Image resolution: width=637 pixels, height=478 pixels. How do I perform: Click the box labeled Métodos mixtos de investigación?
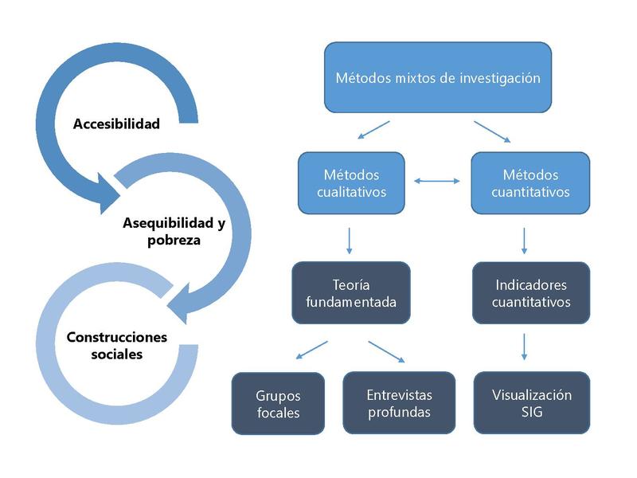[x=437, y=77]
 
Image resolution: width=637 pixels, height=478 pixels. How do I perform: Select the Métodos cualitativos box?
[x=351, y=182]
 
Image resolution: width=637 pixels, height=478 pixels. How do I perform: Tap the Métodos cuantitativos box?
[x=530, y=182]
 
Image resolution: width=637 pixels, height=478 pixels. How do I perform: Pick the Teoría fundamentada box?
[x=351, y=292]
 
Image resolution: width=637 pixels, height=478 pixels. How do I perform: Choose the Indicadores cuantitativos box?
[x=530, y=292]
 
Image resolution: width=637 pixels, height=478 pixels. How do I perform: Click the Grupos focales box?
[x=278, y=403]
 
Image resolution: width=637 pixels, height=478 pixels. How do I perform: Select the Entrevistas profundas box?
[x=399, y=403]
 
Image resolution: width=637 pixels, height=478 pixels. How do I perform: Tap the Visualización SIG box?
[x=531, y=403]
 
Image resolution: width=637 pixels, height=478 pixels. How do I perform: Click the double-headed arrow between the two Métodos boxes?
[x=437, y=182]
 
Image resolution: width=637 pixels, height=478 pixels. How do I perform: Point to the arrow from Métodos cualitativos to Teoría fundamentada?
[x=350, y=241]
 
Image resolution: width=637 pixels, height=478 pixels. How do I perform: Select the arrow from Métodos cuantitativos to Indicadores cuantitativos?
[x=524, y=241]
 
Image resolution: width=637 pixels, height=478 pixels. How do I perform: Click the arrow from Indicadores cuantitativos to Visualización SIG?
[x=524, y=347]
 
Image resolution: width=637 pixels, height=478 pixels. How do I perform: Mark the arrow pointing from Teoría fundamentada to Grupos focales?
[x=311, y=350]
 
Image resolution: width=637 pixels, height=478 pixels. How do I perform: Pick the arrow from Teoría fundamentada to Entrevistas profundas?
[x=386, y=351]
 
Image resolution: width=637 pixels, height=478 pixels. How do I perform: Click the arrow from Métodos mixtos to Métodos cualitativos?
[x=373, y=130]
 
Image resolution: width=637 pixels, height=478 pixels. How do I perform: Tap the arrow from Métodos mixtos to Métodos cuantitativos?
[x=492, y=132]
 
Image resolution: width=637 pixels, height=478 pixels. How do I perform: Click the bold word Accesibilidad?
[x=116, y=123]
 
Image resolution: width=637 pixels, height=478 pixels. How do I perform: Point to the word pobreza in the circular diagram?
[x=174, y=240]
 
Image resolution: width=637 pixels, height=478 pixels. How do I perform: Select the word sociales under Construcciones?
[x=116, y=354]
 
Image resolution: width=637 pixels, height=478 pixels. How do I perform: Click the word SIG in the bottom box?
[x=531, y=412]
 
